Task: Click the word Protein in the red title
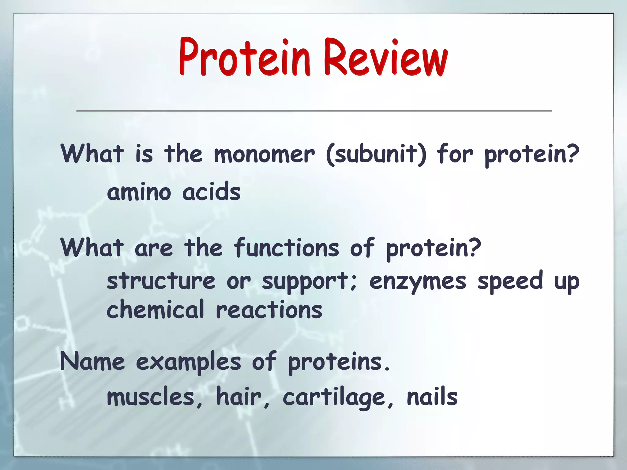point(245,58)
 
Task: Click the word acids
point(211,192)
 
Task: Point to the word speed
point(510,281)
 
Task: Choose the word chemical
point(155,310)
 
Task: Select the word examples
point(188,363)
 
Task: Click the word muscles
point(151,397)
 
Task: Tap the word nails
point(432,397)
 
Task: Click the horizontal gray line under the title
point(313,111)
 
